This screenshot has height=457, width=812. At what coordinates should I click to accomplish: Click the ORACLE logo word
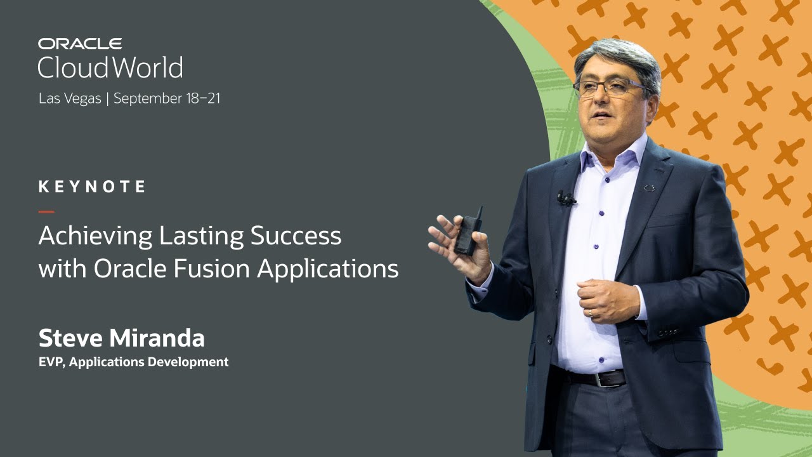pyautogui.click(x=80, y=44)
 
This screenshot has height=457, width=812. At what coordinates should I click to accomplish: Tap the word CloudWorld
pyautogui.click(x=110, y=67)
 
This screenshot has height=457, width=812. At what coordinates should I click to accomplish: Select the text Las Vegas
pyautogui.click(x=70, y=99)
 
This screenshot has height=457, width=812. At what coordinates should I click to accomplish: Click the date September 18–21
pyautogui.click(x=167, y=98)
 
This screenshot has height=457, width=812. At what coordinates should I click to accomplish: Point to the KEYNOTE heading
pyautogui.click(x=93, y=187)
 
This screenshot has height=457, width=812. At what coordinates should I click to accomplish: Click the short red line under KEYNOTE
pyautogui.click(x=46, y=211)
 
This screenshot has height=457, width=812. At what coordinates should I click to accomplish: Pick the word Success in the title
pyautogui.click(x=296, y=236)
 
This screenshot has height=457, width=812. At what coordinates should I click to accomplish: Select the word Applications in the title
pyautogui.click(x=328, y=269)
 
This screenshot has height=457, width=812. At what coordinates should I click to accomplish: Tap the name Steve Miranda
pyautogui.click(x=122, y=338)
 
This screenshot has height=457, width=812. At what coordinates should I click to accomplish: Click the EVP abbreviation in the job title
pyautogui.click(x=50, y=362)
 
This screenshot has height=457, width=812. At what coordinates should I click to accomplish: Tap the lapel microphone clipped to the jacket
pyautogui.click(x=565, y=199)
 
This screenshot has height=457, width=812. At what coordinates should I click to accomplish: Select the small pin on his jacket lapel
pyautogui.click(x=649, y=188)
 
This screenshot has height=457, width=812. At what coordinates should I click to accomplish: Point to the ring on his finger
pyautogui.click(x=590, y=312)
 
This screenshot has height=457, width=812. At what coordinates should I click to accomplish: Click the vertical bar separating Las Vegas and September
pyautogui.click(x=107, y=99)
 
